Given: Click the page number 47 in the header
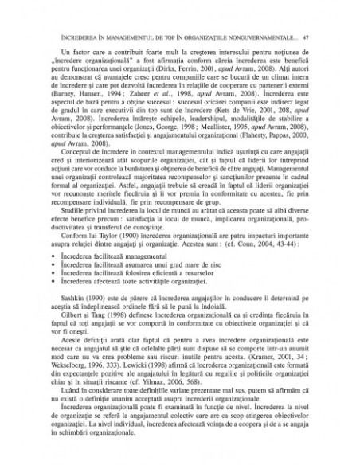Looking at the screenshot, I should click(x=316, y=37).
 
